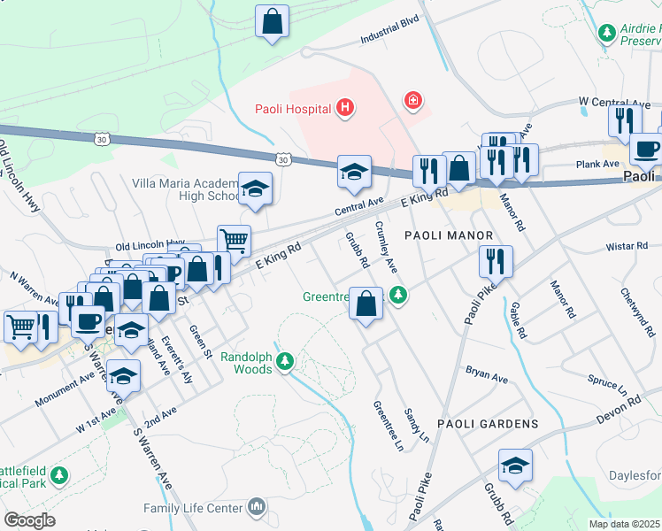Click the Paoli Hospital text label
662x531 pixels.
[x=291, y=109]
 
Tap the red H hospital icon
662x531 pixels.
[x=345, y=109]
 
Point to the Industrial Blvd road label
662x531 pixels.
[x=389, y=33]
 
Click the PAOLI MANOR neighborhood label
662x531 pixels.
[x=448, y=235]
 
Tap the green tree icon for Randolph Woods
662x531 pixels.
[x=285, y=360]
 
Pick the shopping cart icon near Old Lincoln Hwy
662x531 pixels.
[x=234, y=239]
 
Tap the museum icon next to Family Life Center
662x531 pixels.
[x=256, y=507]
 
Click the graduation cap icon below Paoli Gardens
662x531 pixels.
[x=514, y=466]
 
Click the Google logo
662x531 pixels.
[x=29, y=519]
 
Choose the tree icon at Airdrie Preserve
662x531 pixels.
[x=607, y=33]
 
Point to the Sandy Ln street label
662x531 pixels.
[x=415, y=424]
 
